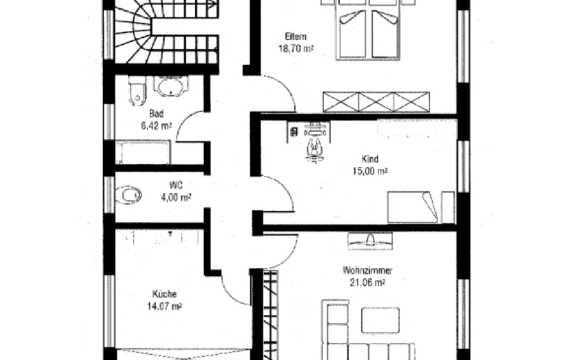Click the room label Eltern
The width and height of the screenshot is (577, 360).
point(296,37)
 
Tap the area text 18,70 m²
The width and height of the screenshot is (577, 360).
point(296,48)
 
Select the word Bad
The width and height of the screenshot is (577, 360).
point(156,113)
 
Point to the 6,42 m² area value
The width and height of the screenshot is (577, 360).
point(156,126)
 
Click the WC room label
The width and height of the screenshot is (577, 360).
point(176,185)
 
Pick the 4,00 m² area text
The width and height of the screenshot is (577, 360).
point(176,197)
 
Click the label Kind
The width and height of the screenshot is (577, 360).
point(370,159)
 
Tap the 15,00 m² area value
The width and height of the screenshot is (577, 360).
point(370,171)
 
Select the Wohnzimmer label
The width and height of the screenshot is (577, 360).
point(367,270)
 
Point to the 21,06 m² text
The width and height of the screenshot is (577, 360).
point(367,282)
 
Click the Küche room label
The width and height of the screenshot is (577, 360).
point(165,294)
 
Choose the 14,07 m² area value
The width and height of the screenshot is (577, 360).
point(165,306)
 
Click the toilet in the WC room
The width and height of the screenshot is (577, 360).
point(128,195)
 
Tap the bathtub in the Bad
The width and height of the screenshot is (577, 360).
point(143,152)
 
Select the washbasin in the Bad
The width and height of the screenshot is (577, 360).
point(170,86)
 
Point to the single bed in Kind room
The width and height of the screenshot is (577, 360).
point(412,207)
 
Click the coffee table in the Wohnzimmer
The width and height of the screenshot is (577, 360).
point(381,320)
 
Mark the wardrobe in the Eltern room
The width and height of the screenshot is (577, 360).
point(376,101)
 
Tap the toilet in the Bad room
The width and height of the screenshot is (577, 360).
point(137,90)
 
